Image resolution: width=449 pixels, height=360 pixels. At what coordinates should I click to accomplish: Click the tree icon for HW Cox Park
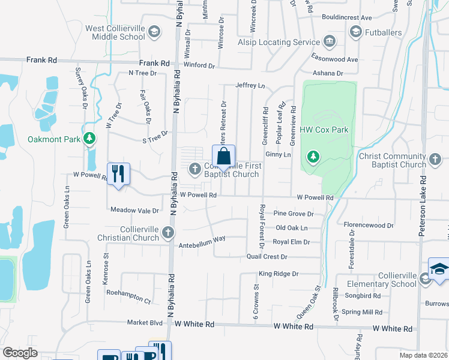pos(313,157)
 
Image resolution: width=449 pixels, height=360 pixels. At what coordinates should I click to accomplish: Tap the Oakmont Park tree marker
pos(89,139)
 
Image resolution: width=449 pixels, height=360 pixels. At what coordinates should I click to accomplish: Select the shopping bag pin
pos(223,157)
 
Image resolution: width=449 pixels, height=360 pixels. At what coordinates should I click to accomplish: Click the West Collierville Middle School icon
pos(154,32)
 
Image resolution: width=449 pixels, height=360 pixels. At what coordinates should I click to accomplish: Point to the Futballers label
pos(384,31)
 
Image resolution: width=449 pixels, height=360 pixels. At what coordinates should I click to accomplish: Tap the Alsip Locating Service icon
pos(329,42)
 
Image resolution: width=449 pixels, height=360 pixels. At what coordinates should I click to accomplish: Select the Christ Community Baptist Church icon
pos(436,160)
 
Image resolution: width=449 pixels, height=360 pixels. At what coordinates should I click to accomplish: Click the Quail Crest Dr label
pos(267,257)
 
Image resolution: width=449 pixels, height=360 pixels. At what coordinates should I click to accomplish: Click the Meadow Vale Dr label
pos(134,211)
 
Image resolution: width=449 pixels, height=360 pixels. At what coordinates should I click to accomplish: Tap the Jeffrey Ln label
pos(250,86)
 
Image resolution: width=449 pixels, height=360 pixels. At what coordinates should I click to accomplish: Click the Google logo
pos(20,353)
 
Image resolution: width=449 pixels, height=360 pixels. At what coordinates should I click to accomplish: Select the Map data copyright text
pos(424,355)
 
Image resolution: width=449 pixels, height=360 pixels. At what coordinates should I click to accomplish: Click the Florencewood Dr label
pos(369,226)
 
